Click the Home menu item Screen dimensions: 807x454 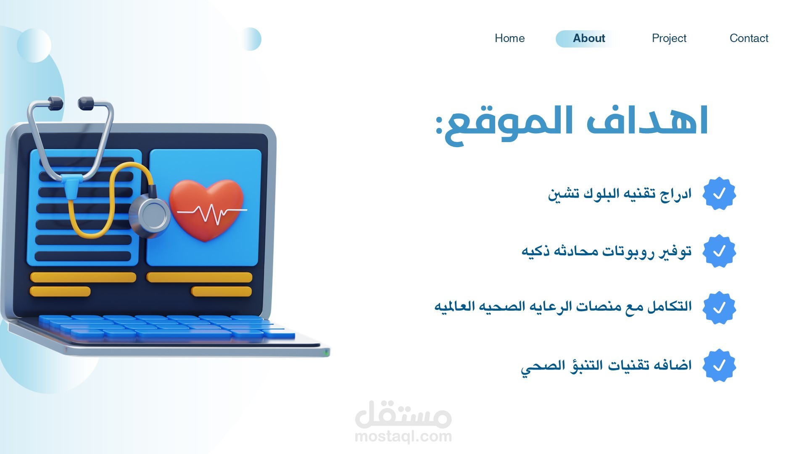pos(509,38)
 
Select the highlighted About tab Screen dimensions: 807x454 pos(588,39)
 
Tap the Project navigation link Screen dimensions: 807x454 pos(669,38)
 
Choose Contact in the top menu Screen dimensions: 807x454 pos(749,38)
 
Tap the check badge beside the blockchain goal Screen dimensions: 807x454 pos(719,193)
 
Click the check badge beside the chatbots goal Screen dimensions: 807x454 pos(719,251)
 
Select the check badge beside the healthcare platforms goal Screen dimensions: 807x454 pos(719,308)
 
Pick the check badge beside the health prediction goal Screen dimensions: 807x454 pos(719,365)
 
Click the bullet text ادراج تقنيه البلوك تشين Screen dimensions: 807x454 pos(620,194)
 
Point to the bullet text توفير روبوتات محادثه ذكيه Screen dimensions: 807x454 pos(607,251)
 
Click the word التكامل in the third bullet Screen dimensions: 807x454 pos(669,306)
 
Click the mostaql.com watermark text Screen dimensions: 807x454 pos(403,436)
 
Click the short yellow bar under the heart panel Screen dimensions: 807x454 pos(222,291)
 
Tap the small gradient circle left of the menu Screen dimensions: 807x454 pos(251,39)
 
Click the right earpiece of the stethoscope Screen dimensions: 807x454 pos(86,103)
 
